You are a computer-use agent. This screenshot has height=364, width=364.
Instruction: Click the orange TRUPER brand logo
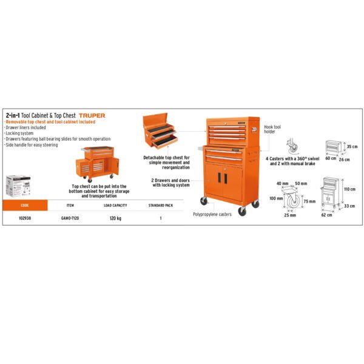(92, 116)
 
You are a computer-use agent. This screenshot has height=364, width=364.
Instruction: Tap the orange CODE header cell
(25, 205)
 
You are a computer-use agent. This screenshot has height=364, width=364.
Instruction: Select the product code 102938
(25, 218)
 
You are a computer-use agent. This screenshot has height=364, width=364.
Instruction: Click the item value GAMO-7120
(70, 218)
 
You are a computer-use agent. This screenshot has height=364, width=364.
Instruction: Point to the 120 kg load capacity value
(115, 218)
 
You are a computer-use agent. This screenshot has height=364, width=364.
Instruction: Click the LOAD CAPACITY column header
(115, 206)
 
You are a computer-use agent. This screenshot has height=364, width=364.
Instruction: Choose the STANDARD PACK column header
(161, 206)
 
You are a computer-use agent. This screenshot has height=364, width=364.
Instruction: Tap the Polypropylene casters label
(212, 214)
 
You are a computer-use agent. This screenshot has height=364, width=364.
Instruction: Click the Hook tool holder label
(272, 129)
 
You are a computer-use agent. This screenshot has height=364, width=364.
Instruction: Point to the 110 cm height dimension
(349, 189)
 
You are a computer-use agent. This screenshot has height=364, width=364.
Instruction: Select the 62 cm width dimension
(326, 215)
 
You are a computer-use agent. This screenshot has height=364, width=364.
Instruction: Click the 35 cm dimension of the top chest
(352, 147)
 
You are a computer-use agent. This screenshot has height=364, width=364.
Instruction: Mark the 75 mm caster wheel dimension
(309, 201)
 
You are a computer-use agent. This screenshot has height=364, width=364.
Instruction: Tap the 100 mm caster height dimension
(276, 198)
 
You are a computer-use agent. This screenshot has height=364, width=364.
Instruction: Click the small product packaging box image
(18, 186)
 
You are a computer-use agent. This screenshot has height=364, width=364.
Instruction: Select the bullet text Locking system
(19, 133)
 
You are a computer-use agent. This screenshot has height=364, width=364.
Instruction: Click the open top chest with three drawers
(160, 130)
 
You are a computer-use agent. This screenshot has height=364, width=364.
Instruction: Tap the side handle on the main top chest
(254, 130)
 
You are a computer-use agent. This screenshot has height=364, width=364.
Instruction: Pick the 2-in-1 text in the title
(13, 115)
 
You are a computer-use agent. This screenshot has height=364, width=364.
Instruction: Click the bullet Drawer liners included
(25, 127)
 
